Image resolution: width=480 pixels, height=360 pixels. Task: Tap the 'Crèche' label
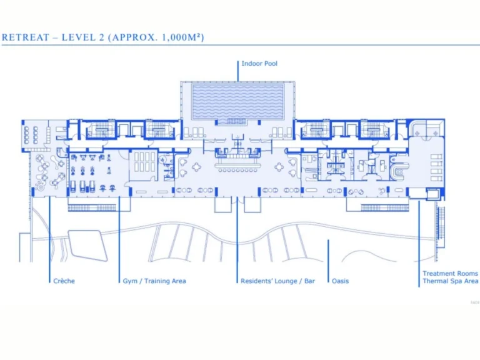tap(64, 281)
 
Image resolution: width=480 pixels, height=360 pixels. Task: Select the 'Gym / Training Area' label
tap(154, 281)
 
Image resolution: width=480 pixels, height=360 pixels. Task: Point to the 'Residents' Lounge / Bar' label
tap(277, 281)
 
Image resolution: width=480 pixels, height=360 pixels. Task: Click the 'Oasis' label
tap(341, 281)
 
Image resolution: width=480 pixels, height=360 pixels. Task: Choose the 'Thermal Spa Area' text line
tap(450, 281)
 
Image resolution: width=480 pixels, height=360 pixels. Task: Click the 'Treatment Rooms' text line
tap(450, 274)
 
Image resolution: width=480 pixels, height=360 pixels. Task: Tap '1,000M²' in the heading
tap(179, 37)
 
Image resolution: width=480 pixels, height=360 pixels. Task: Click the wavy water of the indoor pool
tap(237, 100)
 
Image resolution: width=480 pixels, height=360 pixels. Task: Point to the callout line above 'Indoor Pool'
tap(238, 70)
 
